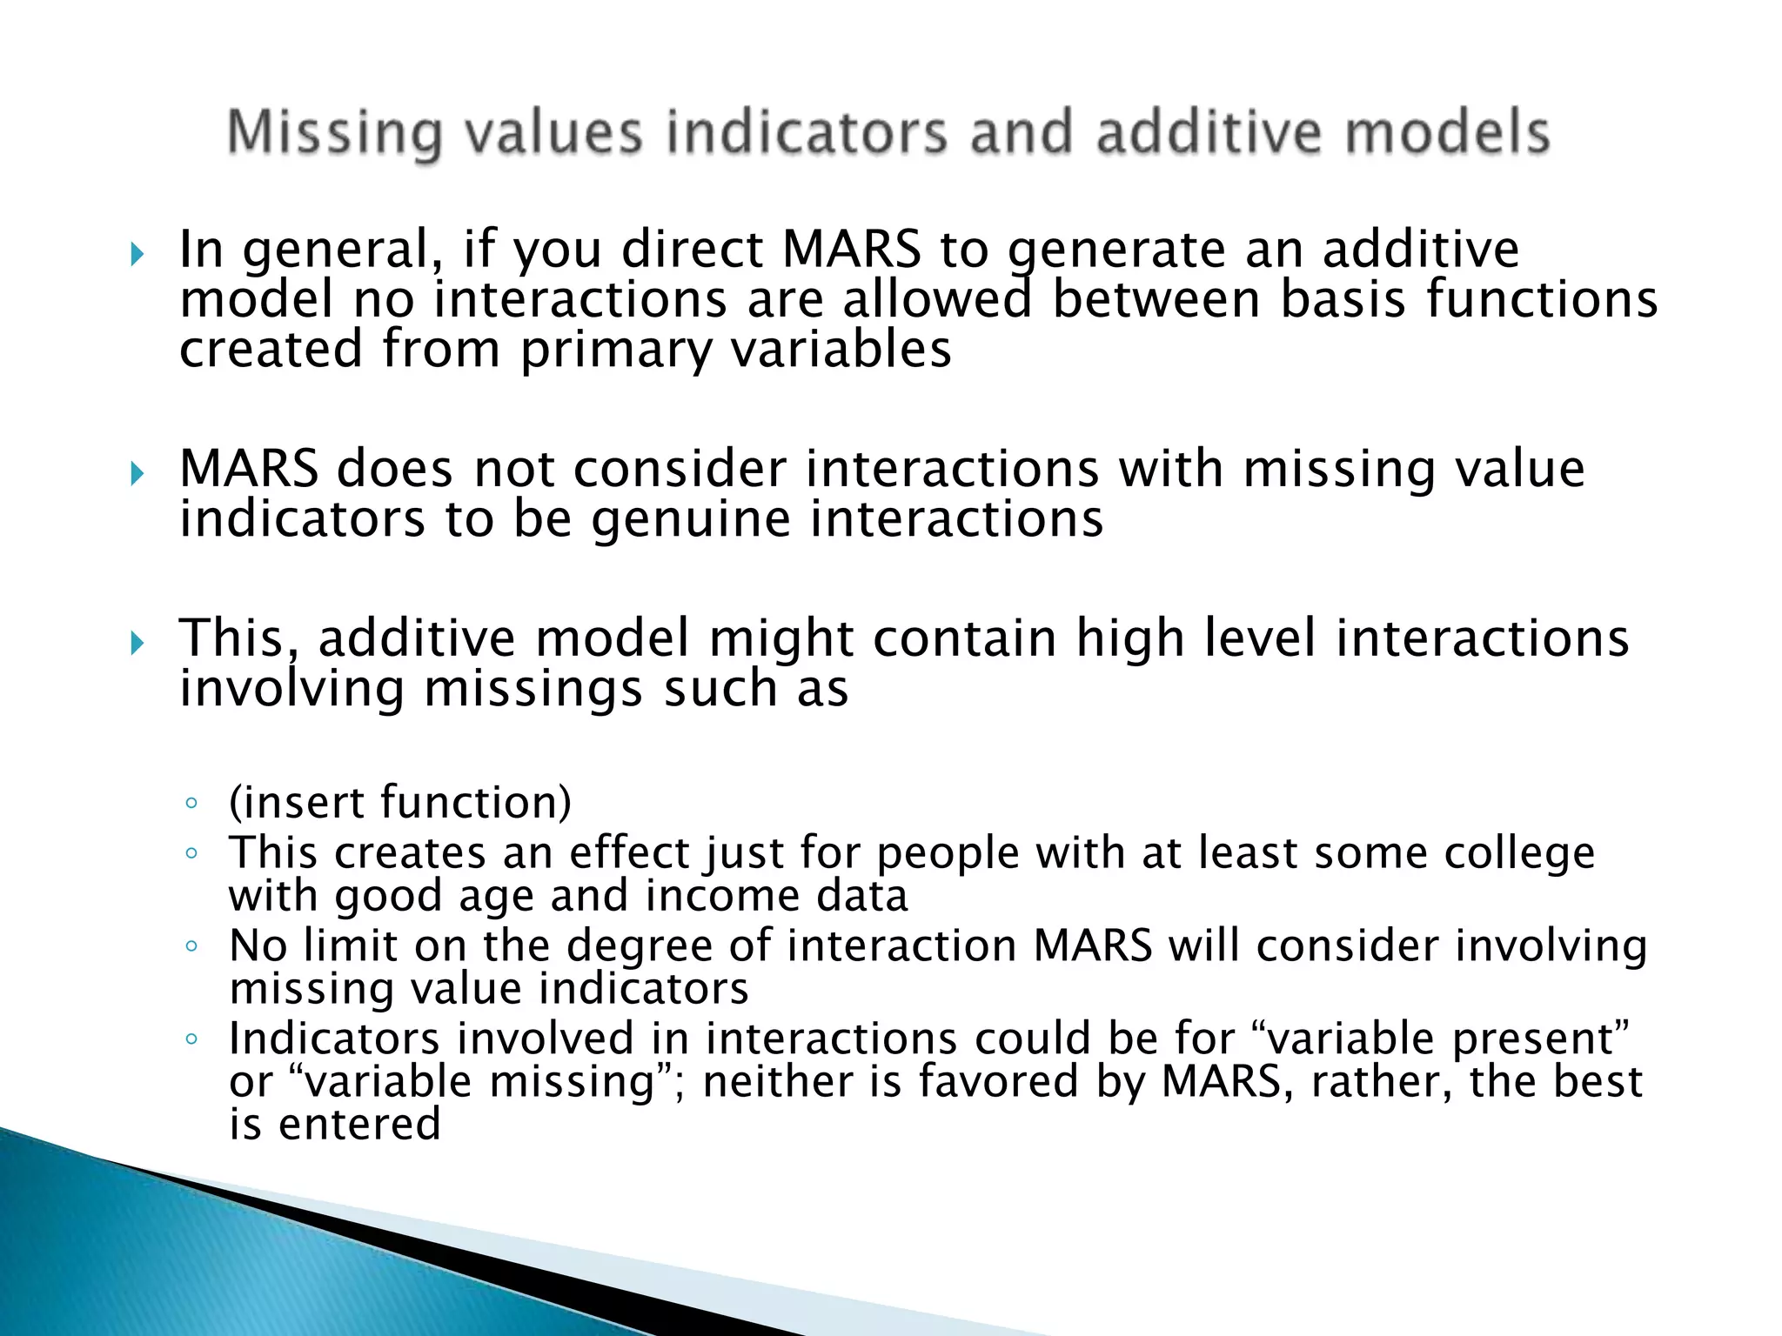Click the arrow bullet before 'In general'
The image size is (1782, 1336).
(137, 255)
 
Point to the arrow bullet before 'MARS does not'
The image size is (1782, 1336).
(137, 474)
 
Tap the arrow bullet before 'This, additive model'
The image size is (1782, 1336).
(137, 644)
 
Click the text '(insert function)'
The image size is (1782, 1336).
(399, 801)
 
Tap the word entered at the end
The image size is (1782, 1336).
(359, 1125)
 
